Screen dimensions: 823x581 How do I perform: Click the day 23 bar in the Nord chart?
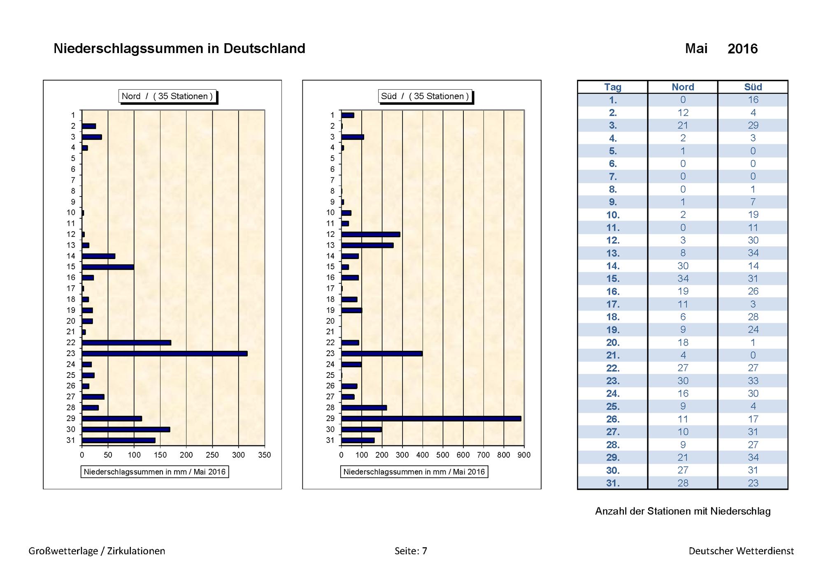pos(165,354)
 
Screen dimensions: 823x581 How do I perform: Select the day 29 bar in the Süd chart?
pos(431,419)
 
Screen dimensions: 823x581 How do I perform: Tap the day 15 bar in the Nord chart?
pos(108,267)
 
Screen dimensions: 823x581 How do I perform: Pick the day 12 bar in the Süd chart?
pos(371,234)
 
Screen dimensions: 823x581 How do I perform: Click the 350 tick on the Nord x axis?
pos(265,455)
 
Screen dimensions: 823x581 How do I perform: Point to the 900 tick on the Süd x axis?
pos(524,455)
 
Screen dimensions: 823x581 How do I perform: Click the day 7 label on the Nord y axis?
pos(73,180)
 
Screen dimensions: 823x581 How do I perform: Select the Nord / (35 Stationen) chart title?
pos(167,96)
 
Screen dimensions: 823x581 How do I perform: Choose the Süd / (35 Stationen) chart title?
pos(425,96)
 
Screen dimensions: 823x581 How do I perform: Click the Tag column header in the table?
pos(613,87)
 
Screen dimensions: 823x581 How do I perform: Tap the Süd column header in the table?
pos(753,87)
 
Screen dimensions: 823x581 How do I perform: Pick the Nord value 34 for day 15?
pos(683,279)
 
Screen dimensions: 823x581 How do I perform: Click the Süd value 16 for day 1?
pos(753,100)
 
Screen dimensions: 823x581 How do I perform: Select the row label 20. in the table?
pos(613,343)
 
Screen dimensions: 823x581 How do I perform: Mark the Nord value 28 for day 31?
pos(683,483)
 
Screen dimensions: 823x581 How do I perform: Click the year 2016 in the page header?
pos(743,49)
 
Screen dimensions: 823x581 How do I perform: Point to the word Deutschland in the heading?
pos(264,49)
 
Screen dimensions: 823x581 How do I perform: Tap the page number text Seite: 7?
pos(411,551)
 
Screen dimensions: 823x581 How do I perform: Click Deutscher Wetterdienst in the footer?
pos(742,551)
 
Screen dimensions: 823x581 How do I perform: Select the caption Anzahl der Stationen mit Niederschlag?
pos(683,511)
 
